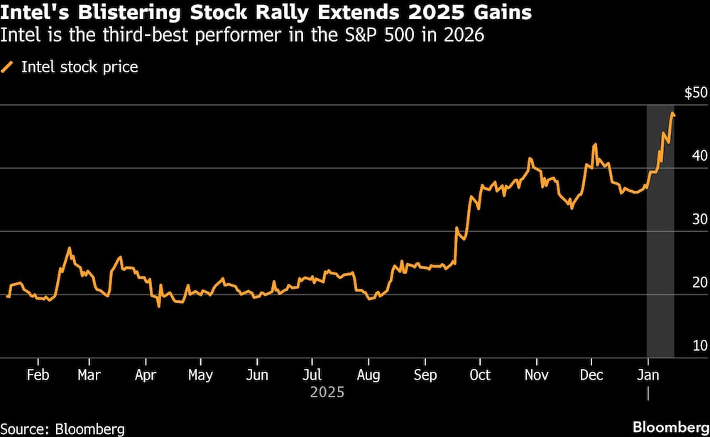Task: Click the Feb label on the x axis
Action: (x=37, y=375)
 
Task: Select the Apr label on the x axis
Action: (x=146, y=375)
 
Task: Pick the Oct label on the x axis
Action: (x=480, y=375)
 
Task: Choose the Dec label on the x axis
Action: (x=591, y=375)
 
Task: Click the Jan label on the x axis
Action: (x=647, y=375)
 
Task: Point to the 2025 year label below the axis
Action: (x=327, y=392)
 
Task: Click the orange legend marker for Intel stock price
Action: (x=9, y=67)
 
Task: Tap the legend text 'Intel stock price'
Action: (x=80, y=67)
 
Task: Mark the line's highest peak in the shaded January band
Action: (x=672, y=113)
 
